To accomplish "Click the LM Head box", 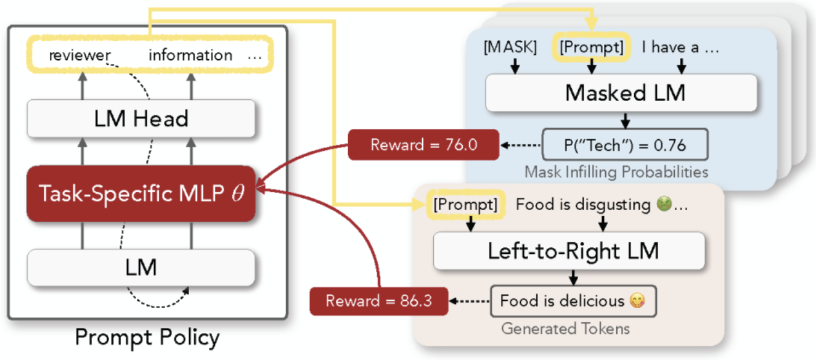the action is tap(141, 119).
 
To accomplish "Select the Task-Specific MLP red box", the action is tap(141, 194).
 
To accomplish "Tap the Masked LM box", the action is tap(621, 93).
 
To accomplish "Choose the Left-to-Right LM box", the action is tap(569, 251).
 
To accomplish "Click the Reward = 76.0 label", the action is tap(423, 145).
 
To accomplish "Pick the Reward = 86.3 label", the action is tap(379, 301).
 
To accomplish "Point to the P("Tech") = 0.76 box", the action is tap(625, 145).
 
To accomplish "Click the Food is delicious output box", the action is tap(573, 301).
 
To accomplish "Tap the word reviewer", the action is tap(80, 55).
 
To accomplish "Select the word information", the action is tap(190, 55).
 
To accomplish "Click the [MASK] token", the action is tap(510, 47).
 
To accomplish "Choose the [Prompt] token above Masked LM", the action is tap(592, 47).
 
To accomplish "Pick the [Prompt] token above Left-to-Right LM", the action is tap(465, 205).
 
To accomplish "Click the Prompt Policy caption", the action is tap(147, 337).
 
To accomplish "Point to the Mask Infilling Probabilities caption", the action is tap(616, 172).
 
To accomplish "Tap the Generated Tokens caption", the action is tap(565, 329).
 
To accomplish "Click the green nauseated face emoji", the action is tap(664, 203).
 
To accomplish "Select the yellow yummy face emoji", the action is tap(637, 301).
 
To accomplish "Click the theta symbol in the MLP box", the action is tap(238, 193).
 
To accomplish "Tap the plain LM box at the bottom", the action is tap(141, 268).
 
